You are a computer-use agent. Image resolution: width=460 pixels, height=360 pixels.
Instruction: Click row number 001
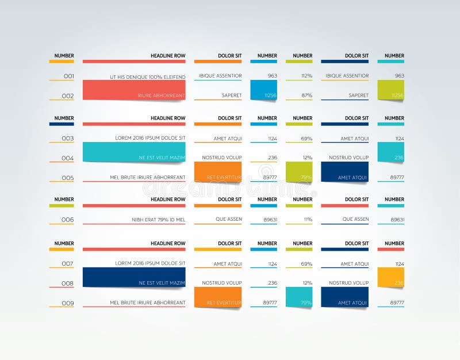point(68,76)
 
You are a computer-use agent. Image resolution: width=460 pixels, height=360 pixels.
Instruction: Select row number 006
point(68,220)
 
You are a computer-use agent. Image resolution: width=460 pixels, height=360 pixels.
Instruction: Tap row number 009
point(68,303)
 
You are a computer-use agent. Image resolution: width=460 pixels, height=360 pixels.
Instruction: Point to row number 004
point(68,158)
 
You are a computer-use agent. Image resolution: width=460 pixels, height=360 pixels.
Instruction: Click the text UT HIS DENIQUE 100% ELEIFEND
point(148,76)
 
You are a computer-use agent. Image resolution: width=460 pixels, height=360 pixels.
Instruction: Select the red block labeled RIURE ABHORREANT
point(134,90)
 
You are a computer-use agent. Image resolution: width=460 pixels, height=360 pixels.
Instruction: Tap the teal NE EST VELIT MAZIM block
point(134,152)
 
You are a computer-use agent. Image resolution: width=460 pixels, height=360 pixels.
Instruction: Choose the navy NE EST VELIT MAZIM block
point(134,277)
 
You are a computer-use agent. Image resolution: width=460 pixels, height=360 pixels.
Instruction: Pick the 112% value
point(306,76)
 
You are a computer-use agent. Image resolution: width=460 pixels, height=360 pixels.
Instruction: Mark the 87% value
point(306,95)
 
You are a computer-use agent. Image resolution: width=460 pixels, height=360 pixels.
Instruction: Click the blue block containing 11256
point(264,90)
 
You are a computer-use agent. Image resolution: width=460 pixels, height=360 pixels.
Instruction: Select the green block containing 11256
point(391,90)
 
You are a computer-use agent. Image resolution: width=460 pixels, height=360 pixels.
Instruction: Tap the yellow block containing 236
point(391,277)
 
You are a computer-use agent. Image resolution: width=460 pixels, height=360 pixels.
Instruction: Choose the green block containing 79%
point(299,172)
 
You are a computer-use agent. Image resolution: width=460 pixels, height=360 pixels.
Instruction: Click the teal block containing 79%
point(299,297)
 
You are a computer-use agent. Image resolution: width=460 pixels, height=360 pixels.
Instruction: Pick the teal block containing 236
point(391,152)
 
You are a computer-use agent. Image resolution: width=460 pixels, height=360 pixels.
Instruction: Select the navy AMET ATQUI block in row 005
point(345,172)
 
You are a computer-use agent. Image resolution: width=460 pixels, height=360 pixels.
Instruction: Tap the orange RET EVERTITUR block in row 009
point(218,297)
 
